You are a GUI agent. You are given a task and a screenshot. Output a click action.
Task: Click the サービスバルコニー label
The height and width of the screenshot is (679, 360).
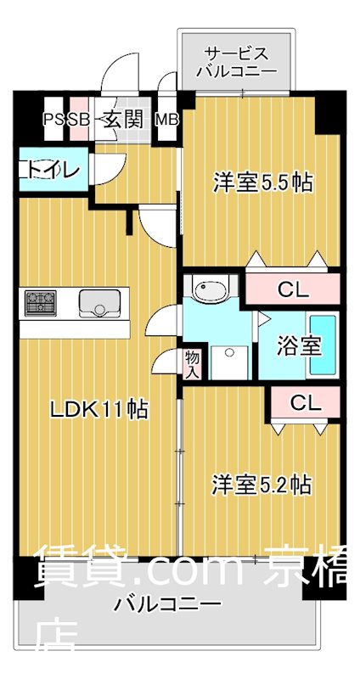237,61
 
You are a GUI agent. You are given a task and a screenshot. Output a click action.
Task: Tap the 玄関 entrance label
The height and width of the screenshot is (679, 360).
123,119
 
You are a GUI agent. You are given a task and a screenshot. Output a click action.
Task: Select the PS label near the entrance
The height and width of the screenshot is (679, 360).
55,119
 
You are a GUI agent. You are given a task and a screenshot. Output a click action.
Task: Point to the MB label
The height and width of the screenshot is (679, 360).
167,119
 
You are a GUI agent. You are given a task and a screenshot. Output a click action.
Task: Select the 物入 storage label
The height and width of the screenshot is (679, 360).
192,362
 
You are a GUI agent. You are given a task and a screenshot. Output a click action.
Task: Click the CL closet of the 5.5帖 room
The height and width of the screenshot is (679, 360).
294,289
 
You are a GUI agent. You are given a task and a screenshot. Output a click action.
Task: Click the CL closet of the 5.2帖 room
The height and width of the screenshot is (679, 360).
306,403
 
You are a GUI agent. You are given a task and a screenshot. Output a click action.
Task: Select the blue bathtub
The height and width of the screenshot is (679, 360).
323,345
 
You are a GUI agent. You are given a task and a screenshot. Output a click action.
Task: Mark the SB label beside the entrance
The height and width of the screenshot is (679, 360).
78,119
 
